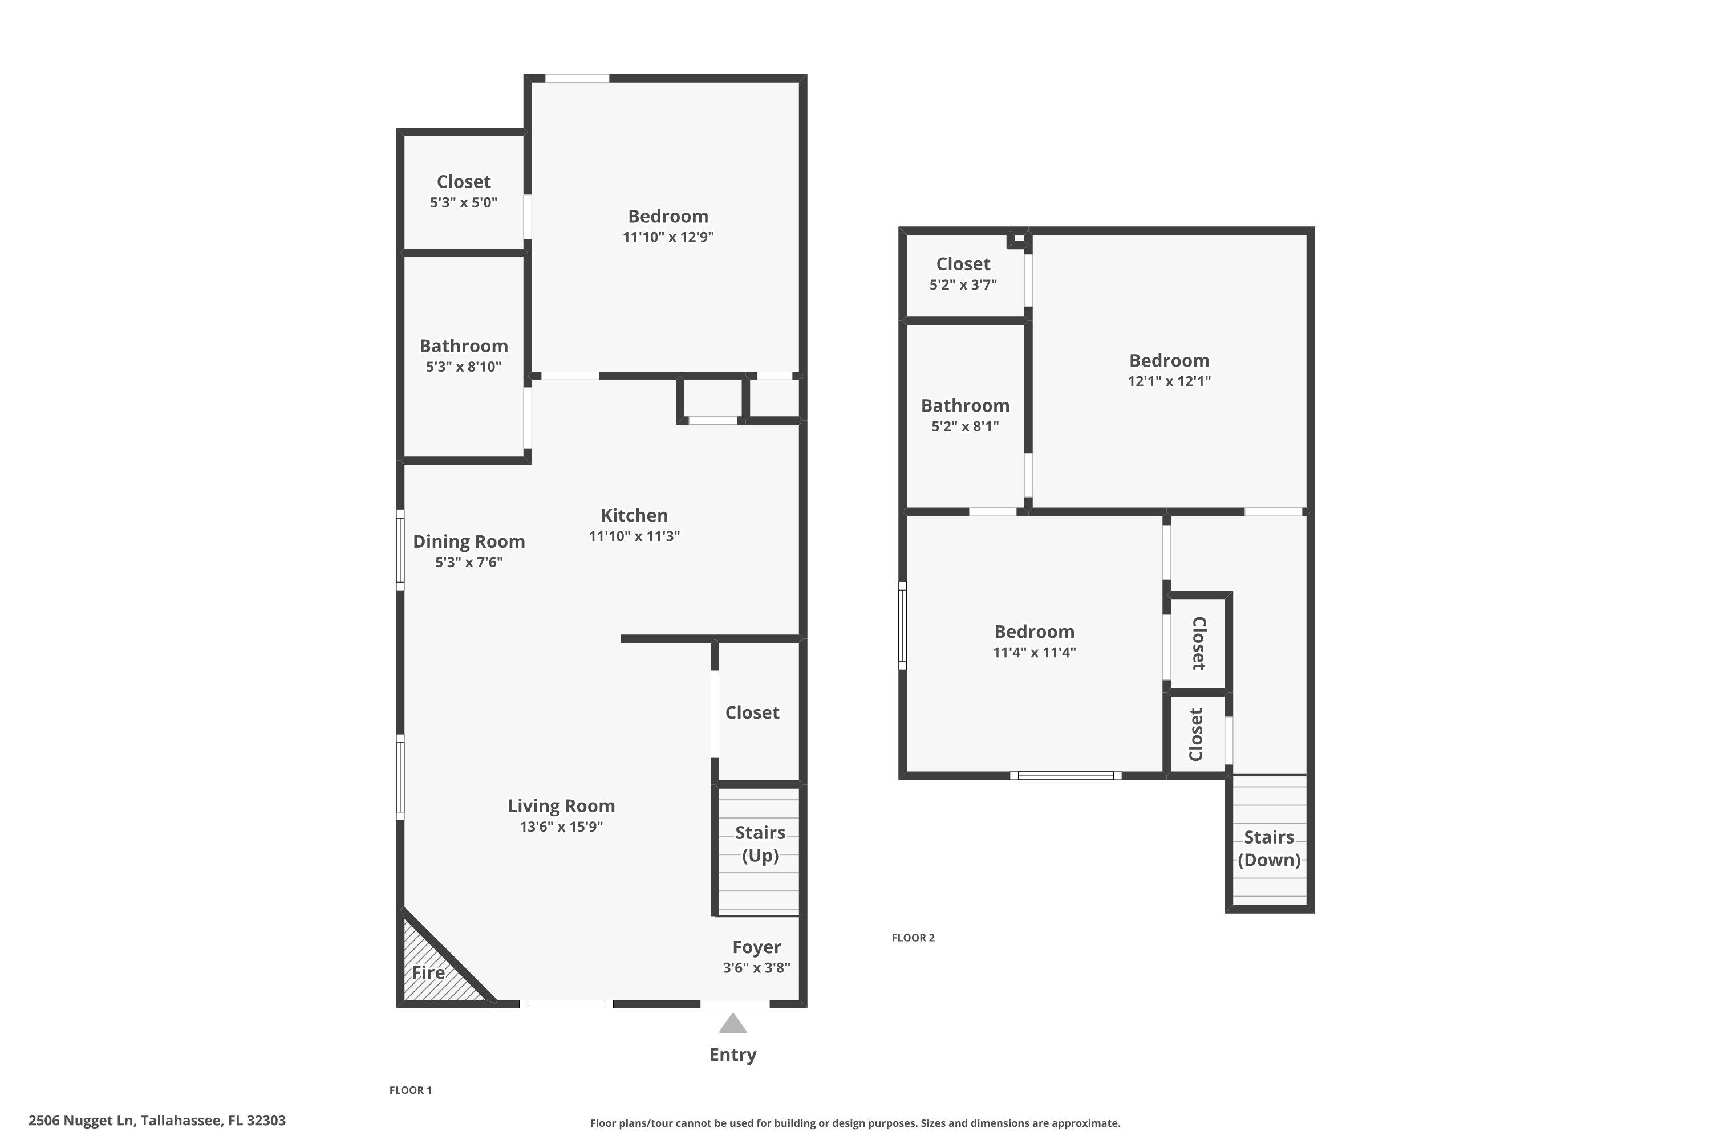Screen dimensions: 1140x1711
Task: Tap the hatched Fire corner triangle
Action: click(x=432, y=974)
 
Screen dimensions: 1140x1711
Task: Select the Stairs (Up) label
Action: click(x=760, y=844)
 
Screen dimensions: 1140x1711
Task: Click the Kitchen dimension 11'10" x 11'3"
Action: click(x=634, y=536)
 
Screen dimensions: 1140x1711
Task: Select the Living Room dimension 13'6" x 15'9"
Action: click(x=561, y=826)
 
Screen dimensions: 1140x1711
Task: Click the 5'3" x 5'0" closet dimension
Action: click(x=463, y=202)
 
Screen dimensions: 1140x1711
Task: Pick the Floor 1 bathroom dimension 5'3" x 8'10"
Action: click(x=463, y=367)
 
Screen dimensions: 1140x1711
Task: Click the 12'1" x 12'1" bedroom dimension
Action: click(x=1169, y=381)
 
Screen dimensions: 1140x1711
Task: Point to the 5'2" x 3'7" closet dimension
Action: click(x=963, y=284)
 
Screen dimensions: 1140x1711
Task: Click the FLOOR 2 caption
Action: click(x=913, y=938)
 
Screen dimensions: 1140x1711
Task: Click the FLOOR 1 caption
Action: click(x=410, y=1090)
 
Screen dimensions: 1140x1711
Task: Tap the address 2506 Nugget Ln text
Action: click(x=156, y=1121)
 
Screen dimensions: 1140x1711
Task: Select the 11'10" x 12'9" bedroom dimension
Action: click(x=668, y=237)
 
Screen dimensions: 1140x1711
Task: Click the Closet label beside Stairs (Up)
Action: click(x=752, y=712)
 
